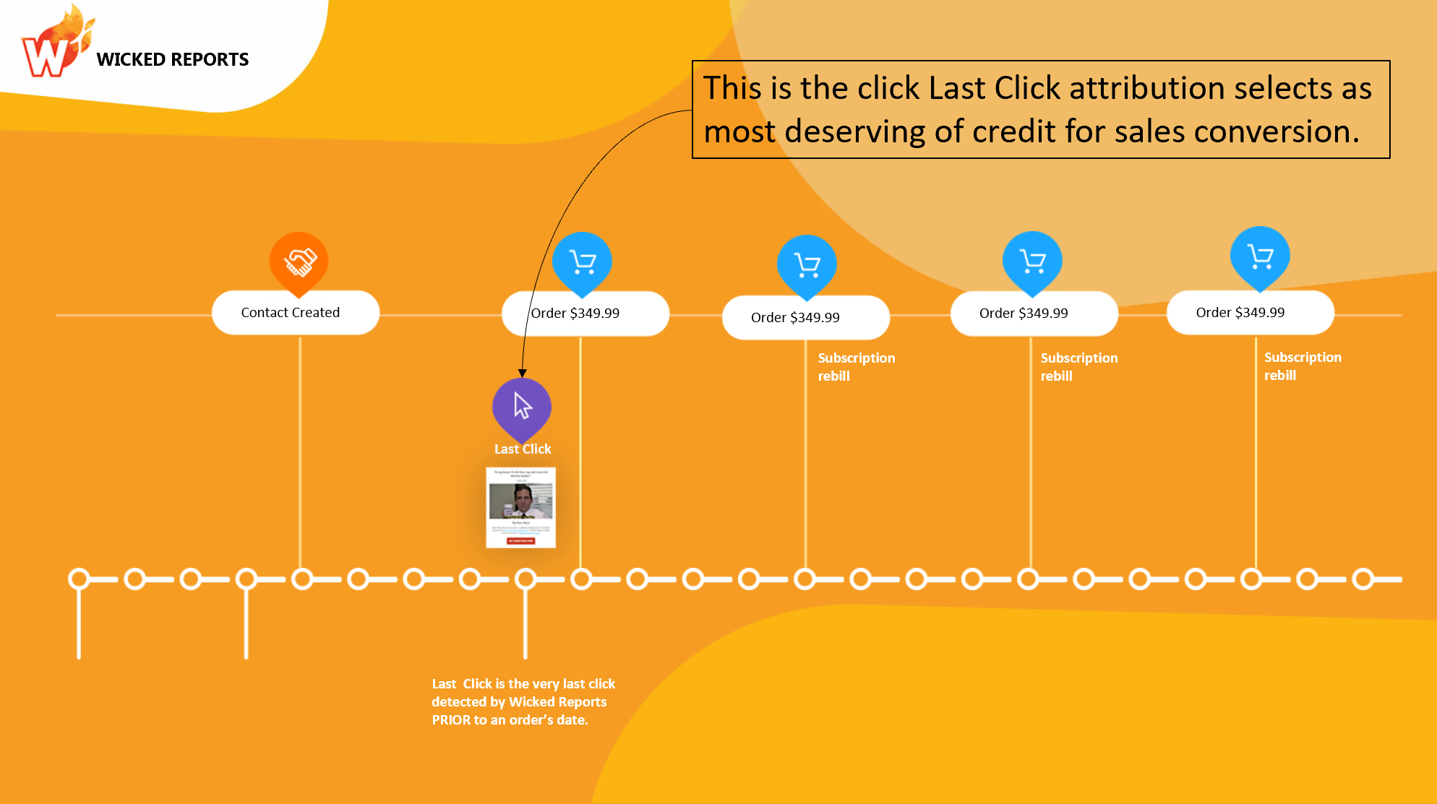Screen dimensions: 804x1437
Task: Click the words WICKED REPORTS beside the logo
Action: tap(172, 59)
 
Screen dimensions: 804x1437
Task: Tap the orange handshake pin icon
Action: tap(299, 262)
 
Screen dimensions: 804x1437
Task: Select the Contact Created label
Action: tap(291, 313)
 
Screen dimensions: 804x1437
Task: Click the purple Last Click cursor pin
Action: tap(522, 406)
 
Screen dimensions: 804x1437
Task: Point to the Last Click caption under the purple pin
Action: tap(523, 449)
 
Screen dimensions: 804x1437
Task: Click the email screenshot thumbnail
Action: tap(520, 507)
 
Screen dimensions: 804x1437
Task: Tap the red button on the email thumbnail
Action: tap(520, 540)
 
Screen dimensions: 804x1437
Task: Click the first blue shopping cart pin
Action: tap(582, 262)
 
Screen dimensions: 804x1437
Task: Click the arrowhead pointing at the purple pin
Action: tap(522, 373)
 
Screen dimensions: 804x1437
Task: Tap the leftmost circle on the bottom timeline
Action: tap(79, 579)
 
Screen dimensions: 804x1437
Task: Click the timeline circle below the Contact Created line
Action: tap(302, 579)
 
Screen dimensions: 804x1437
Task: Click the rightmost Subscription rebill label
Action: tap(1302, 366)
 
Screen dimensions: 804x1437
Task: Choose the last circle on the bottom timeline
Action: tap(1363, 579)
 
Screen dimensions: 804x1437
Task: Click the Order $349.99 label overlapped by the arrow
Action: tap(575, 314)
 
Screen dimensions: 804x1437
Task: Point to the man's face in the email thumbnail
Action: tap(522, 497)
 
